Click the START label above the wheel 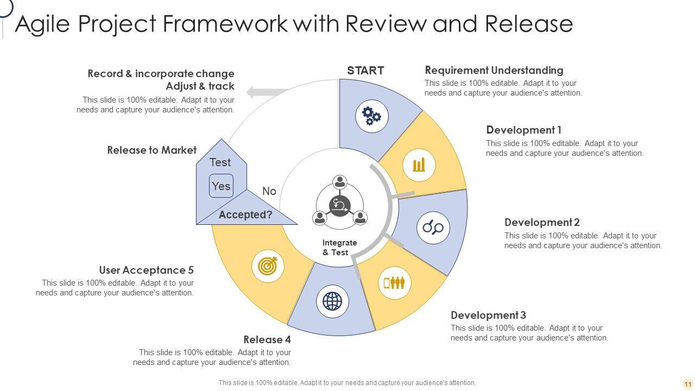[365, 71]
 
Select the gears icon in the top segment [372, 116]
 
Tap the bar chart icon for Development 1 [419, 165]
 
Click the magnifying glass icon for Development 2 [433, 227]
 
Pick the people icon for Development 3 [395, 283]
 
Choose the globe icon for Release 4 [332, 301]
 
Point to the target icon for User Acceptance [268, 266]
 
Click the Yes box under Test [221, 186]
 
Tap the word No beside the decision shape [269, 191]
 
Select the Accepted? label [245, 215]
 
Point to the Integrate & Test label [339, 247]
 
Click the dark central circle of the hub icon [340, 206]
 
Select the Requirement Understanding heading [494, 71]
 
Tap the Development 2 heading [542, 223]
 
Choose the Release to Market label [151, 150]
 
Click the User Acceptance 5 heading [146, 270]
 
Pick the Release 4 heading [267, 340]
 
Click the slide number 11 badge [688, 384]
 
